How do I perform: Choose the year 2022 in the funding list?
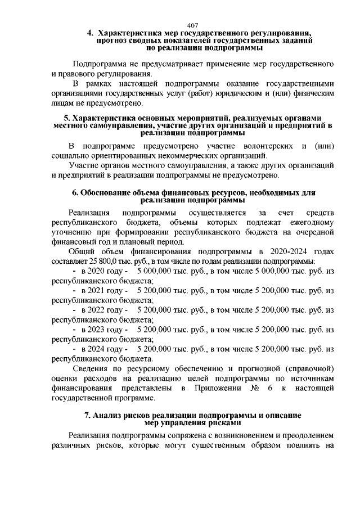[x=90, y=310]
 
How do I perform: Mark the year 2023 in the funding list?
[x=90, y=329]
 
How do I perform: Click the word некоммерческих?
[x=182, y=156]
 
